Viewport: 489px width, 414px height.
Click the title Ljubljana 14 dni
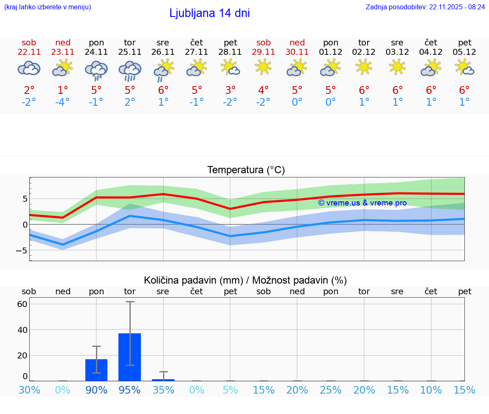pos(209,13)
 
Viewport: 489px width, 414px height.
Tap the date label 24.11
pos(96,52)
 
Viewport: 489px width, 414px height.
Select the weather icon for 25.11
pos(130,70)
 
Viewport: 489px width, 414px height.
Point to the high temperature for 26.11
pos(163,90)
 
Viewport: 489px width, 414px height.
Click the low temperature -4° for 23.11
pos(62,102)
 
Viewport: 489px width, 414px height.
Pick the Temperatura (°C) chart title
pos(246,170)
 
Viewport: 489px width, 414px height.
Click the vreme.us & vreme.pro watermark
pos(362,203)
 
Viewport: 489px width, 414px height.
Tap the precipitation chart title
pos(245,280)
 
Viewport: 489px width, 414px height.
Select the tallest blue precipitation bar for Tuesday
pos(129,358)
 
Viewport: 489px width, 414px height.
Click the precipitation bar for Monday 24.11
pos(96,370)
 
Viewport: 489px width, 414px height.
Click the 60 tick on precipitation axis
pos(22,304)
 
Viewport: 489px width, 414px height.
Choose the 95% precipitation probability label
pos(129,390)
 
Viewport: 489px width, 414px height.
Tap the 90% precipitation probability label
pos(96,390)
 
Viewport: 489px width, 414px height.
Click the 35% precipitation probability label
pos(163,390)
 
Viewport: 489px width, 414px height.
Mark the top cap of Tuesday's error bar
pos(130,301)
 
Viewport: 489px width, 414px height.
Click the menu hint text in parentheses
pos(47,7)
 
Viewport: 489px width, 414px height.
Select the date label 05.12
pos(464,52)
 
